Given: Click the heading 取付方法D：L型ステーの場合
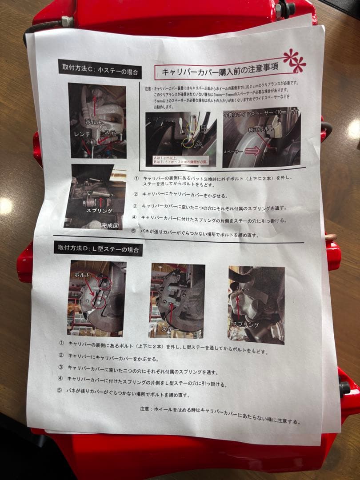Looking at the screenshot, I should pyautogui.click(x=98, y=249).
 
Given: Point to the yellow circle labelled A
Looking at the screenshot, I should pyautogui.click(x=187, y=143).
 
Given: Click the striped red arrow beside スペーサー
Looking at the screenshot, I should pyautogui.click(x=252, y=152).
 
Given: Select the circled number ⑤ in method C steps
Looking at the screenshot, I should pyautogui.click(x=133, y=231).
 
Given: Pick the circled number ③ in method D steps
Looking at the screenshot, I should pyautogui.click(x=61, y=367).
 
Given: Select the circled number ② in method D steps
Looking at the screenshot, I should pyautogui.click(x=61, y=356).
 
